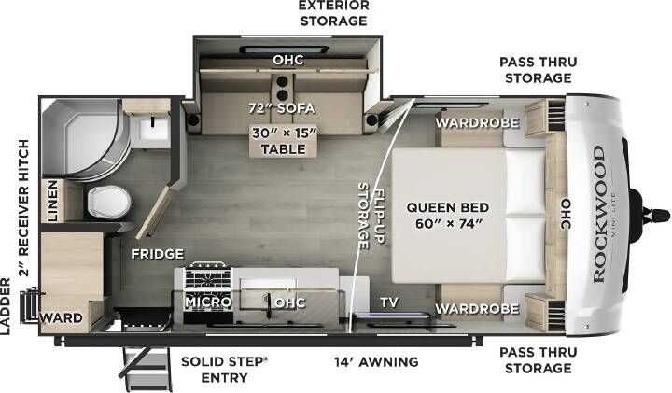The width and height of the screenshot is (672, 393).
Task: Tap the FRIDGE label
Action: point(158,254)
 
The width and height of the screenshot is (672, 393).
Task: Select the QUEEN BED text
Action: point(447,207)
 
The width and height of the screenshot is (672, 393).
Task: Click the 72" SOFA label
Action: point(282,108)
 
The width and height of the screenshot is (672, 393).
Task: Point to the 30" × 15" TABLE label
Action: point(284,141)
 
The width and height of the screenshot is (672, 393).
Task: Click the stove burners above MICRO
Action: point(207,278)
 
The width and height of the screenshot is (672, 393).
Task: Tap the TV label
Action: point(389,302)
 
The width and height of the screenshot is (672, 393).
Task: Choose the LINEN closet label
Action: point(52,201)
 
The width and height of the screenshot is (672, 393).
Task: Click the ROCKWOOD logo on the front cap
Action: point(599,214)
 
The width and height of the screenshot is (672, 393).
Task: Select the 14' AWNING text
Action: point(376,362)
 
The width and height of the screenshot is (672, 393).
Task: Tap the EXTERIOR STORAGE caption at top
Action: point(334,13)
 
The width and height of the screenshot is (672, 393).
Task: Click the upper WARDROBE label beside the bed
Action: point(478,123)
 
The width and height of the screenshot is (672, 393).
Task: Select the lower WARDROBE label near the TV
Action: point(478,309)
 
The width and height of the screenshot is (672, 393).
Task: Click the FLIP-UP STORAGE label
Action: point(371,216)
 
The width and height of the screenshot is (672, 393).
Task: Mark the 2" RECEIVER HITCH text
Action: point(24,208)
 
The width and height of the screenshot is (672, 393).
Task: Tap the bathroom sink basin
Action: point(154,127)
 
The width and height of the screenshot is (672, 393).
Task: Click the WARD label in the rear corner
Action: point(61,318)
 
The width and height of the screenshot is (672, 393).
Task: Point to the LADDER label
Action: point(6,306)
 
